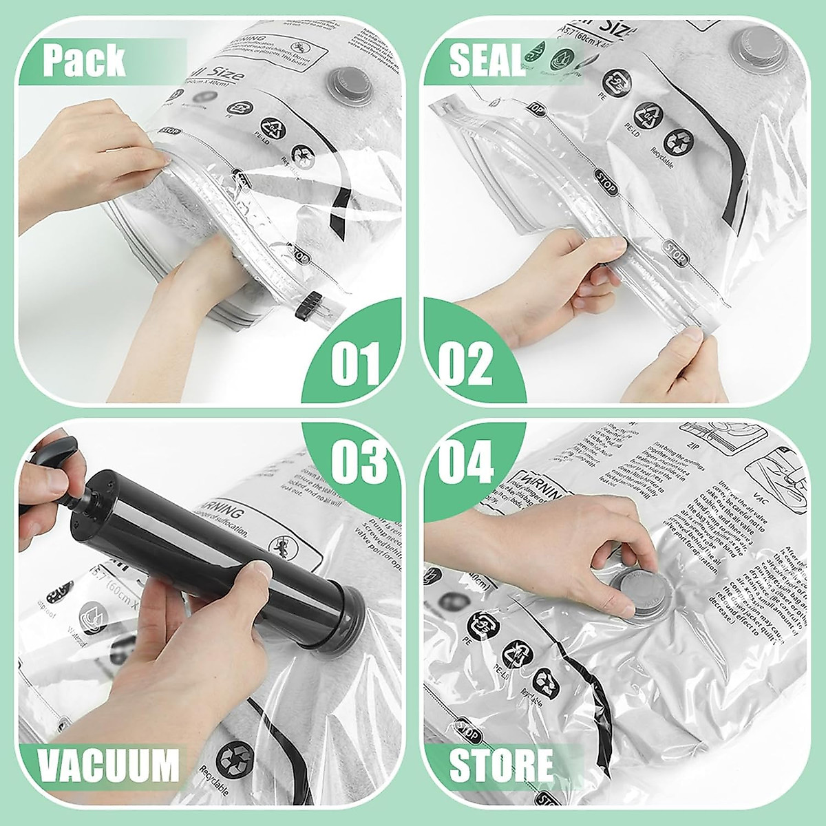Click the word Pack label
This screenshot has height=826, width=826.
(84, 61)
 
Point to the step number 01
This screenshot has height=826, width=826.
(355, 362)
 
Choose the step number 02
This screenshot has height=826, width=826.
(466, 362)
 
